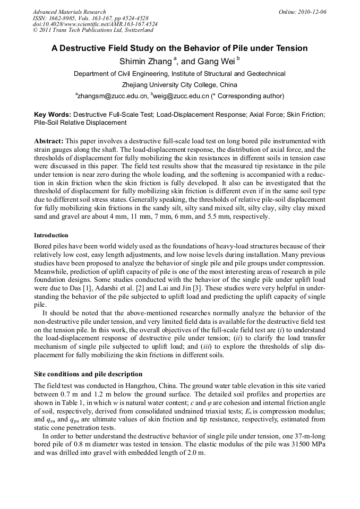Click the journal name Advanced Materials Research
coord(70,12)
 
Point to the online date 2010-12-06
coord(312,12)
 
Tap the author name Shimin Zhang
coord(144,62)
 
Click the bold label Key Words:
coord(52,114)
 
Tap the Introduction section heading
coord(51,235)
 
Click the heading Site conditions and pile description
coord(88,374)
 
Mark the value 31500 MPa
coord(302,446)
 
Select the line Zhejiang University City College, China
coord(179,85)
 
